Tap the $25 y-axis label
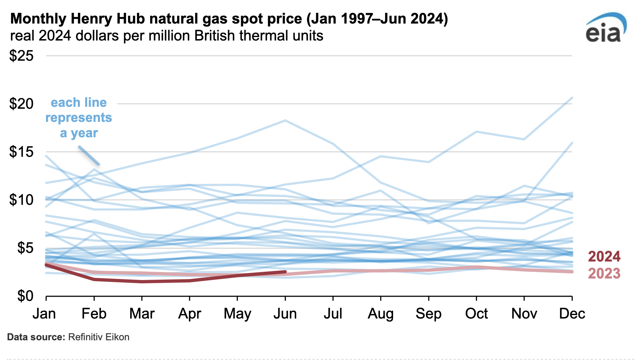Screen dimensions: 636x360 (21, 56)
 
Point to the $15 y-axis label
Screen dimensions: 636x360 (21, 152)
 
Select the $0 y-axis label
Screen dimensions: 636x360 (25, 296)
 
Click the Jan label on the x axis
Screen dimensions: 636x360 (44, 314)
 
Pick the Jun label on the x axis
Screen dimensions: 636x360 (285, 314)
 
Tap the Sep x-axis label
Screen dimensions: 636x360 (428, 314)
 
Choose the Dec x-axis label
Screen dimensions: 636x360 (572, 314)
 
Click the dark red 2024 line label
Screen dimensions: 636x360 (604, 256)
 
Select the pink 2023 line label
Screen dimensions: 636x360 (604, 273)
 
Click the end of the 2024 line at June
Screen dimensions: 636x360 (285, 272)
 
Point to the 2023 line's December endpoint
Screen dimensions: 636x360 (572, 272)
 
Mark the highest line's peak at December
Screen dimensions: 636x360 (572, 98)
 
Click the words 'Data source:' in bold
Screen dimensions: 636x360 (36, 337)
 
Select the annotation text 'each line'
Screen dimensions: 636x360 (79, 102)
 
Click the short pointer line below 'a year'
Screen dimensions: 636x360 (89, 156)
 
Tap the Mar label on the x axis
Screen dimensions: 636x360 (142, 314)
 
